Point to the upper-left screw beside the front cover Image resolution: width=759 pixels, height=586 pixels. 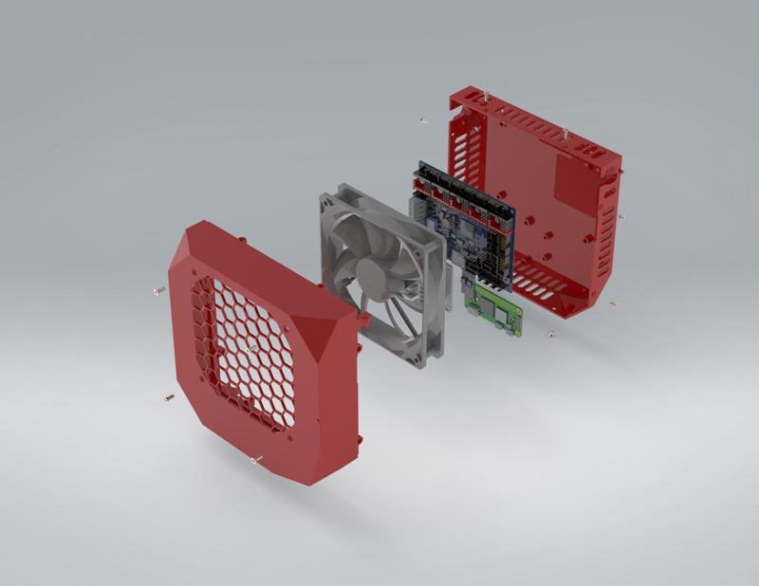158,290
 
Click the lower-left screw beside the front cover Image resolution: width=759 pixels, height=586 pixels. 169,397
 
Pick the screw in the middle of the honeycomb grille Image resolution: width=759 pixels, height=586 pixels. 249,350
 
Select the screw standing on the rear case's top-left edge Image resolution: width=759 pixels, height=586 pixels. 486,96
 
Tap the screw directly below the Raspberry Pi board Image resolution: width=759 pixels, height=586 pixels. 551,333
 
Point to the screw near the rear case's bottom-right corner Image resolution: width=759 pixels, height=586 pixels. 612,304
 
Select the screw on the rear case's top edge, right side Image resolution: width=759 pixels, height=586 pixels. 565,132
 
